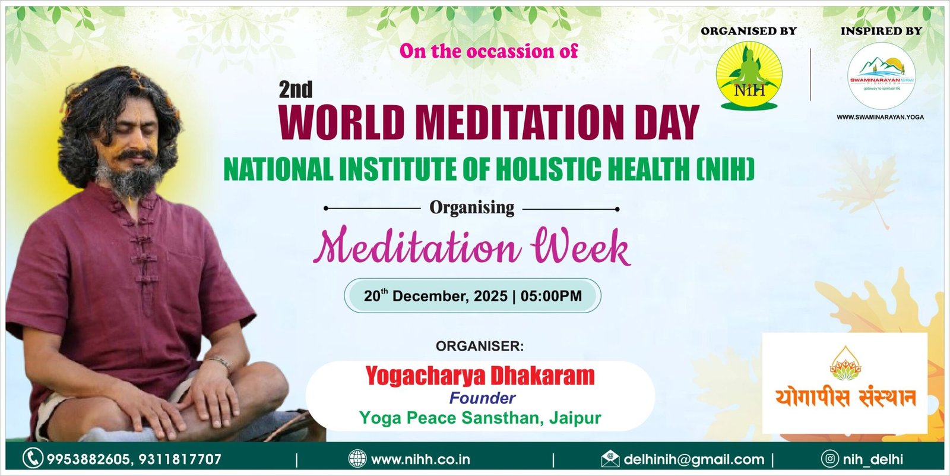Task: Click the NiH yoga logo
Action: coord(749,75)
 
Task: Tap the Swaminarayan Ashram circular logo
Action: coord(881,76)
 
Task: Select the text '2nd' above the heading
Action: coord(296,89)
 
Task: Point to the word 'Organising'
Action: coord(471,207)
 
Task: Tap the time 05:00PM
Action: coord(551,296)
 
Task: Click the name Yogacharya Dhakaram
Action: coord(480,376)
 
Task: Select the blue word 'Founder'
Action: coord(482,398)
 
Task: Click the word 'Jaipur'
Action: coord(575,418)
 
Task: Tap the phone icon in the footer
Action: coord(33,459)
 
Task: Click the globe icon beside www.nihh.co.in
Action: coord(357,459)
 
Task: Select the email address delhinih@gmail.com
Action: coord(694,459)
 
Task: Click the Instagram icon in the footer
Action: coord(830,459)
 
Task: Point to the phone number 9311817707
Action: coord(180,459)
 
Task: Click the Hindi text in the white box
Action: coord(845,398)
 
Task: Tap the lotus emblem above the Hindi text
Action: coord(845,364)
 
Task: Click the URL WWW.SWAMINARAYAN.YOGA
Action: coord(881,117)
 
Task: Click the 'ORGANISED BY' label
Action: coord(749,31)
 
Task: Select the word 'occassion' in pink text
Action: coord(512,51)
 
